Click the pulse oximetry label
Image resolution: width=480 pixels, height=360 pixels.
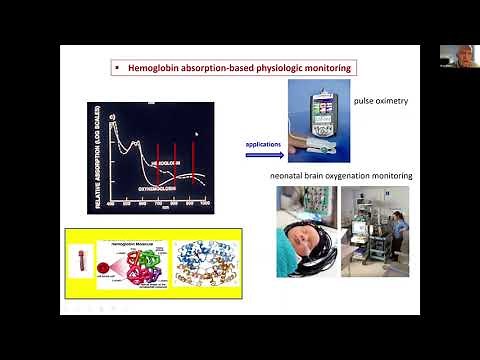pyautogui.click(x=381, y=102)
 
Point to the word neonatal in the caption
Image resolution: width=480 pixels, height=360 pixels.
pyautogui.click(x=288, y=176)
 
